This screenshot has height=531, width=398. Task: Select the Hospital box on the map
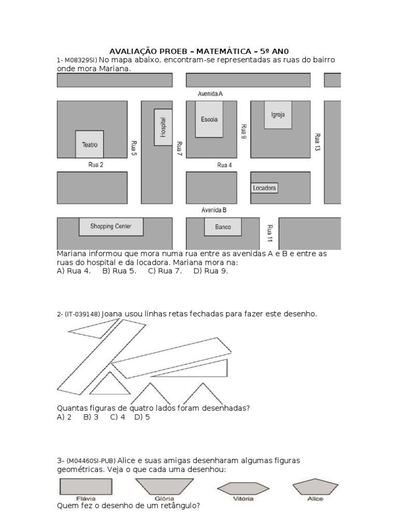pos(163,127)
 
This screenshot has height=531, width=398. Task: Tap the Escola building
pos(209,119)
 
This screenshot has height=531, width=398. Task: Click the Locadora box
pos(264,188)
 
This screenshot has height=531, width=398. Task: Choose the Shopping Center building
pos(111,227)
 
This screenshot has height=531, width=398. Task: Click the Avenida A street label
pos(210,94)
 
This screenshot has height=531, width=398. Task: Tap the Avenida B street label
pos(214,211)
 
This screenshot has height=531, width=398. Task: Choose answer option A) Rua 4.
pos(74,271)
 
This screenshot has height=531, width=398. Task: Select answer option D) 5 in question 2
pos(142,417)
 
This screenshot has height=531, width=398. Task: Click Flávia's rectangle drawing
pos(86,487)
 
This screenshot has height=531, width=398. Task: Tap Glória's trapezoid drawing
pos(162,487)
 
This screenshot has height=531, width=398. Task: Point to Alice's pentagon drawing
pos(315,487)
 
